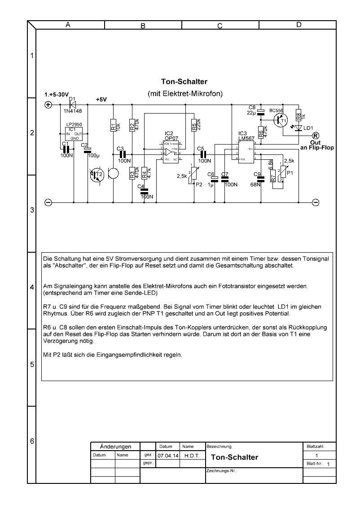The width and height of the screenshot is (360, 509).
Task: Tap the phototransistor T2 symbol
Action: point(97,175)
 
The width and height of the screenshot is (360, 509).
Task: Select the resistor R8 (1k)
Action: point(298,114)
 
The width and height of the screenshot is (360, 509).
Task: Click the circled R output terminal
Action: point(315,136)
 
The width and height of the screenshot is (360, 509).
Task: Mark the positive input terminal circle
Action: point(48,105)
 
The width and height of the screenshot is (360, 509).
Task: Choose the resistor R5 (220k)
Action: point(194,125)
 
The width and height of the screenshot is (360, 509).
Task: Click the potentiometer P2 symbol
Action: point(193,176)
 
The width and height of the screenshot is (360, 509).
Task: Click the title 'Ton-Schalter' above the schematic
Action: point(184,82)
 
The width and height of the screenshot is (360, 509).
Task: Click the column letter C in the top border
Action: point(220,26)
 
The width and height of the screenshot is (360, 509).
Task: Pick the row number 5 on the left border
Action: point(31,364)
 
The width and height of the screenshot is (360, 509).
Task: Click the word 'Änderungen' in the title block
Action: point(115,447)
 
